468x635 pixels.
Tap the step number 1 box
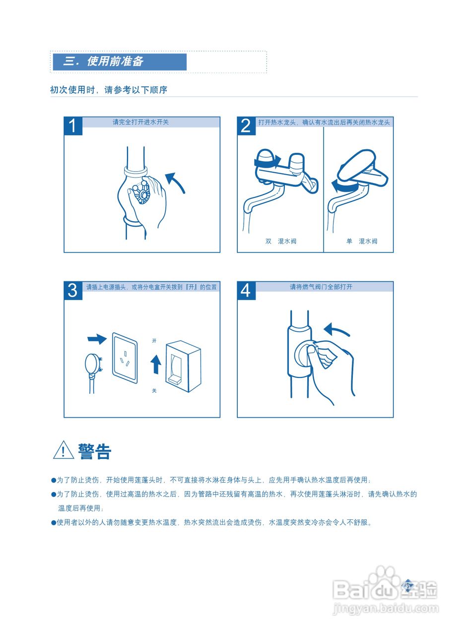pyautogui.click(x=73, y=126)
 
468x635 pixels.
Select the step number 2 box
pyautogui.click(x=246, y=126)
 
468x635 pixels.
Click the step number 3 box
pyautogui.click(x=73, y=291)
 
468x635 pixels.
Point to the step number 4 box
pyautogui.click(x=246, y=291)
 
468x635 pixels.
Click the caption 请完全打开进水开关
pyautogui.click(x=141, y=122)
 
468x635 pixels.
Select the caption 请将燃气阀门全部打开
pyautogui.click(x=321, y=287)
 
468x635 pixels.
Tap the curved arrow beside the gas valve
pyautogui.click(x=336, y=329)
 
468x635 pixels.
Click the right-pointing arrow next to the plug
pyautogui.click(x=97, y=339)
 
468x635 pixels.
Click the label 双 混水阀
pyautogui.click(x=280, y=242)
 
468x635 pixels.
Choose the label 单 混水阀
pyautogui.click(x=362, y=242)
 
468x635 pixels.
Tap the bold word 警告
pyautogui.click(x=94, y=451)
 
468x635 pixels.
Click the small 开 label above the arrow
pyautogui.click(x=154, y=341)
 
